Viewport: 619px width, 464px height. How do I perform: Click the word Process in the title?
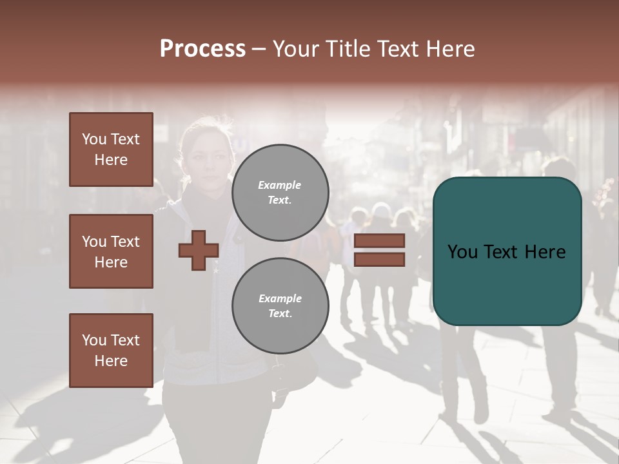point(202,49)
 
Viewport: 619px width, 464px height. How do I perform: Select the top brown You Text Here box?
point(111,150)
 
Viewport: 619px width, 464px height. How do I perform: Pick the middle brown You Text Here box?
point(111,251)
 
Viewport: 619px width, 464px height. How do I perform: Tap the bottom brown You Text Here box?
point(111,351)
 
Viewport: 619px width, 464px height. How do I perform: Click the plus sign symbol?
point(199,250)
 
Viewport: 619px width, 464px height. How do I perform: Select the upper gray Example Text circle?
point(280,192)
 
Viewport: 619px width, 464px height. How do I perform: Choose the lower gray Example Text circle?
point(280,305)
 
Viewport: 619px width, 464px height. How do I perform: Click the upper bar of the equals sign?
point(379,240)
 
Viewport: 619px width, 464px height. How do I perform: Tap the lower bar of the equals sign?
point(379,259)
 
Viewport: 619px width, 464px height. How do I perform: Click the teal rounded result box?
point(507,251)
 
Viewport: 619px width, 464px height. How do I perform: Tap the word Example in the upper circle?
point(280,185)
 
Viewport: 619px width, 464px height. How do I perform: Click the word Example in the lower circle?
point(280,298)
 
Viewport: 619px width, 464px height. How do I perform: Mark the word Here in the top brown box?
point(111,160)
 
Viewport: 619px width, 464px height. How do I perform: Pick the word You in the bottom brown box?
point(93,340)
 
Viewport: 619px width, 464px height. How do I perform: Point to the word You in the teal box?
point(462,251)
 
